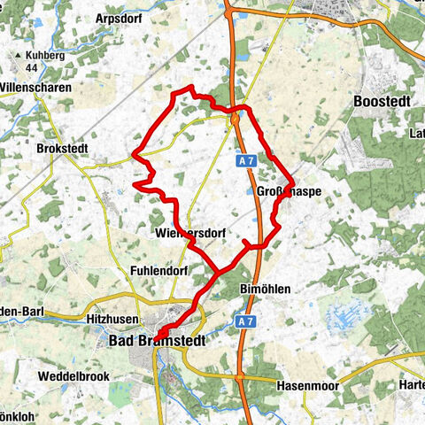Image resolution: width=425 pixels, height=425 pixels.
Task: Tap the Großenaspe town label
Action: pyautogui.click(x=289, y=192)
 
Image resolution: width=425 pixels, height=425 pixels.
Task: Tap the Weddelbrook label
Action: pyautogui.click(x=73, y=376)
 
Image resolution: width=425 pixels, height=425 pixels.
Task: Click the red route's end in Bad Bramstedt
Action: pyautogui.click(x=158, y=334)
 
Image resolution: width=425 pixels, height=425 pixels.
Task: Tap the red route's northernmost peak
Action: pyautogui.click(x=190, y=87)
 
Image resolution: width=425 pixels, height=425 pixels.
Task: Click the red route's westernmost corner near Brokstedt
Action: pyautogui.click(x=133, y=154)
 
